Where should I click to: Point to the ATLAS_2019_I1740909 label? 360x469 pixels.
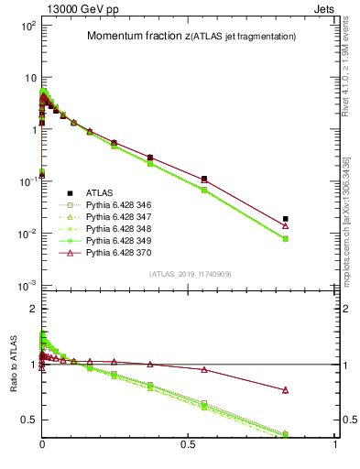(189, 274)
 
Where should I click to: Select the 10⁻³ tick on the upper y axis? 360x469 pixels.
(26, 286)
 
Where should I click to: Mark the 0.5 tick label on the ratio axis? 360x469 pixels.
(27, 420)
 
